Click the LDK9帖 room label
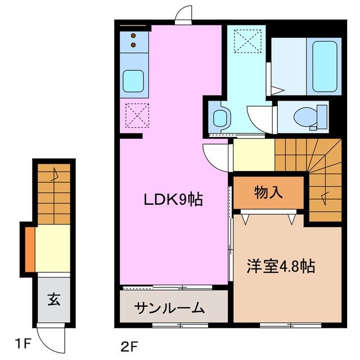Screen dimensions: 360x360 pyautogui.click(x=173, y=199)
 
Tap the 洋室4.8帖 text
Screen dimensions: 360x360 pyautogui.click(x=281, y=267)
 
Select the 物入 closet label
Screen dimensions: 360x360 pyautogui.click(x=268, y=193)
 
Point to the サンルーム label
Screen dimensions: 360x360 pyautogui.click(x=169, y=308)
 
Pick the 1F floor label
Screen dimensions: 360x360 pyautogui.click(x=23, y=343)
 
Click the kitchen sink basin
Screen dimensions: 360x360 pyautogui.click(x=133, y=80)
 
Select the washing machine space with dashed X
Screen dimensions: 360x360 pyautogui.click(x=246, y=41)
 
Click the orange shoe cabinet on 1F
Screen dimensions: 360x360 pyautogui.click(x=29, y=247)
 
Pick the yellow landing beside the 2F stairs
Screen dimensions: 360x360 pyautogui.click(x=254, y=156)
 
